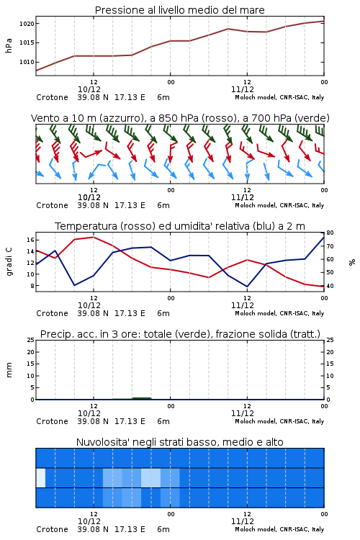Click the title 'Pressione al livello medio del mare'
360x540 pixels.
click(x=179, y=10)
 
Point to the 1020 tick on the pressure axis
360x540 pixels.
click(x=27, y=24)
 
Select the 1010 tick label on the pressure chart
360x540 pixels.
click(x=27, y=62)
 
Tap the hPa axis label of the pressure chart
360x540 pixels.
click(x=9, y=45)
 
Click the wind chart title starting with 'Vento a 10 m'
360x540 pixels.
click(x=180, y=118)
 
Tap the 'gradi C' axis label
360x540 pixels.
click(x=9, y=261)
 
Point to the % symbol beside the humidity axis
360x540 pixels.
click(x=352, y=262)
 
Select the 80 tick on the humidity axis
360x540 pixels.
click(x=330, y=233)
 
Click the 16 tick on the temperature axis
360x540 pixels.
click(x=30, y=240)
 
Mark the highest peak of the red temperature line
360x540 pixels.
click(x=94, y=237)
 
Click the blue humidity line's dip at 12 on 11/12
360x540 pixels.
click(x=247, y=287)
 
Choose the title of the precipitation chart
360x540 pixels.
click(x=180, y=334)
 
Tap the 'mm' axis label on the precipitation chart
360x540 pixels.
click(x=9, y=370)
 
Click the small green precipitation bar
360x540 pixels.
click(x=142, y=398)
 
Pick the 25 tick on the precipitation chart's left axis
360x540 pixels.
click(x=30, y=340)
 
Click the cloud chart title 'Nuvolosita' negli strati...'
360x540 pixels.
click(x=179, y=442)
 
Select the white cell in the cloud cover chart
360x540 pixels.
click(x=40, y=477)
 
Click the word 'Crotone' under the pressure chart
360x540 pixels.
click(x=52, y=97)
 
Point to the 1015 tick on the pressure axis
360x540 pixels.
click(x=27, y=42)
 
